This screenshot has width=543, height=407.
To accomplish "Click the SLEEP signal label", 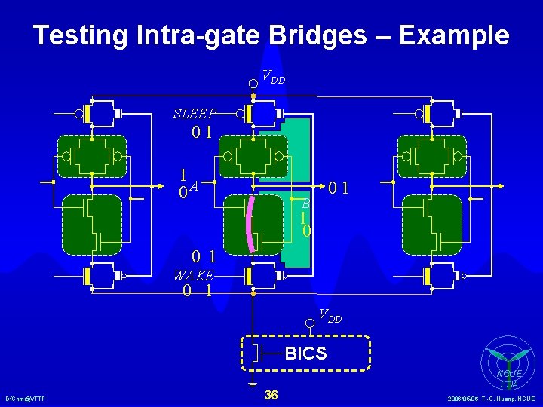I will click(195, 114).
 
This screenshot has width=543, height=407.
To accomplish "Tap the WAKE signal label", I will click(194, 276).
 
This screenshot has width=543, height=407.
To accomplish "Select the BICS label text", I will click(305, 353).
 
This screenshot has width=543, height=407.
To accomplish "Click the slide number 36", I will click(271, 395).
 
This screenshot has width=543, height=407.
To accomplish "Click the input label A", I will click(195, 185).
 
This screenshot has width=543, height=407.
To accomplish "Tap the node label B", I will click(305, 203).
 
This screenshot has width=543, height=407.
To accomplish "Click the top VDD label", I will click(273, 76).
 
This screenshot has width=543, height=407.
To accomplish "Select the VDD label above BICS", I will click(330, 316).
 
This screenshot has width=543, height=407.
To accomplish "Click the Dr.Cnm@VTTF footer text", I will click(25, 398).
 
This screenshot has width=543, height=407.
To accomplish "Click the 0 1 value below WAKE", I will click(197, 291).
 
